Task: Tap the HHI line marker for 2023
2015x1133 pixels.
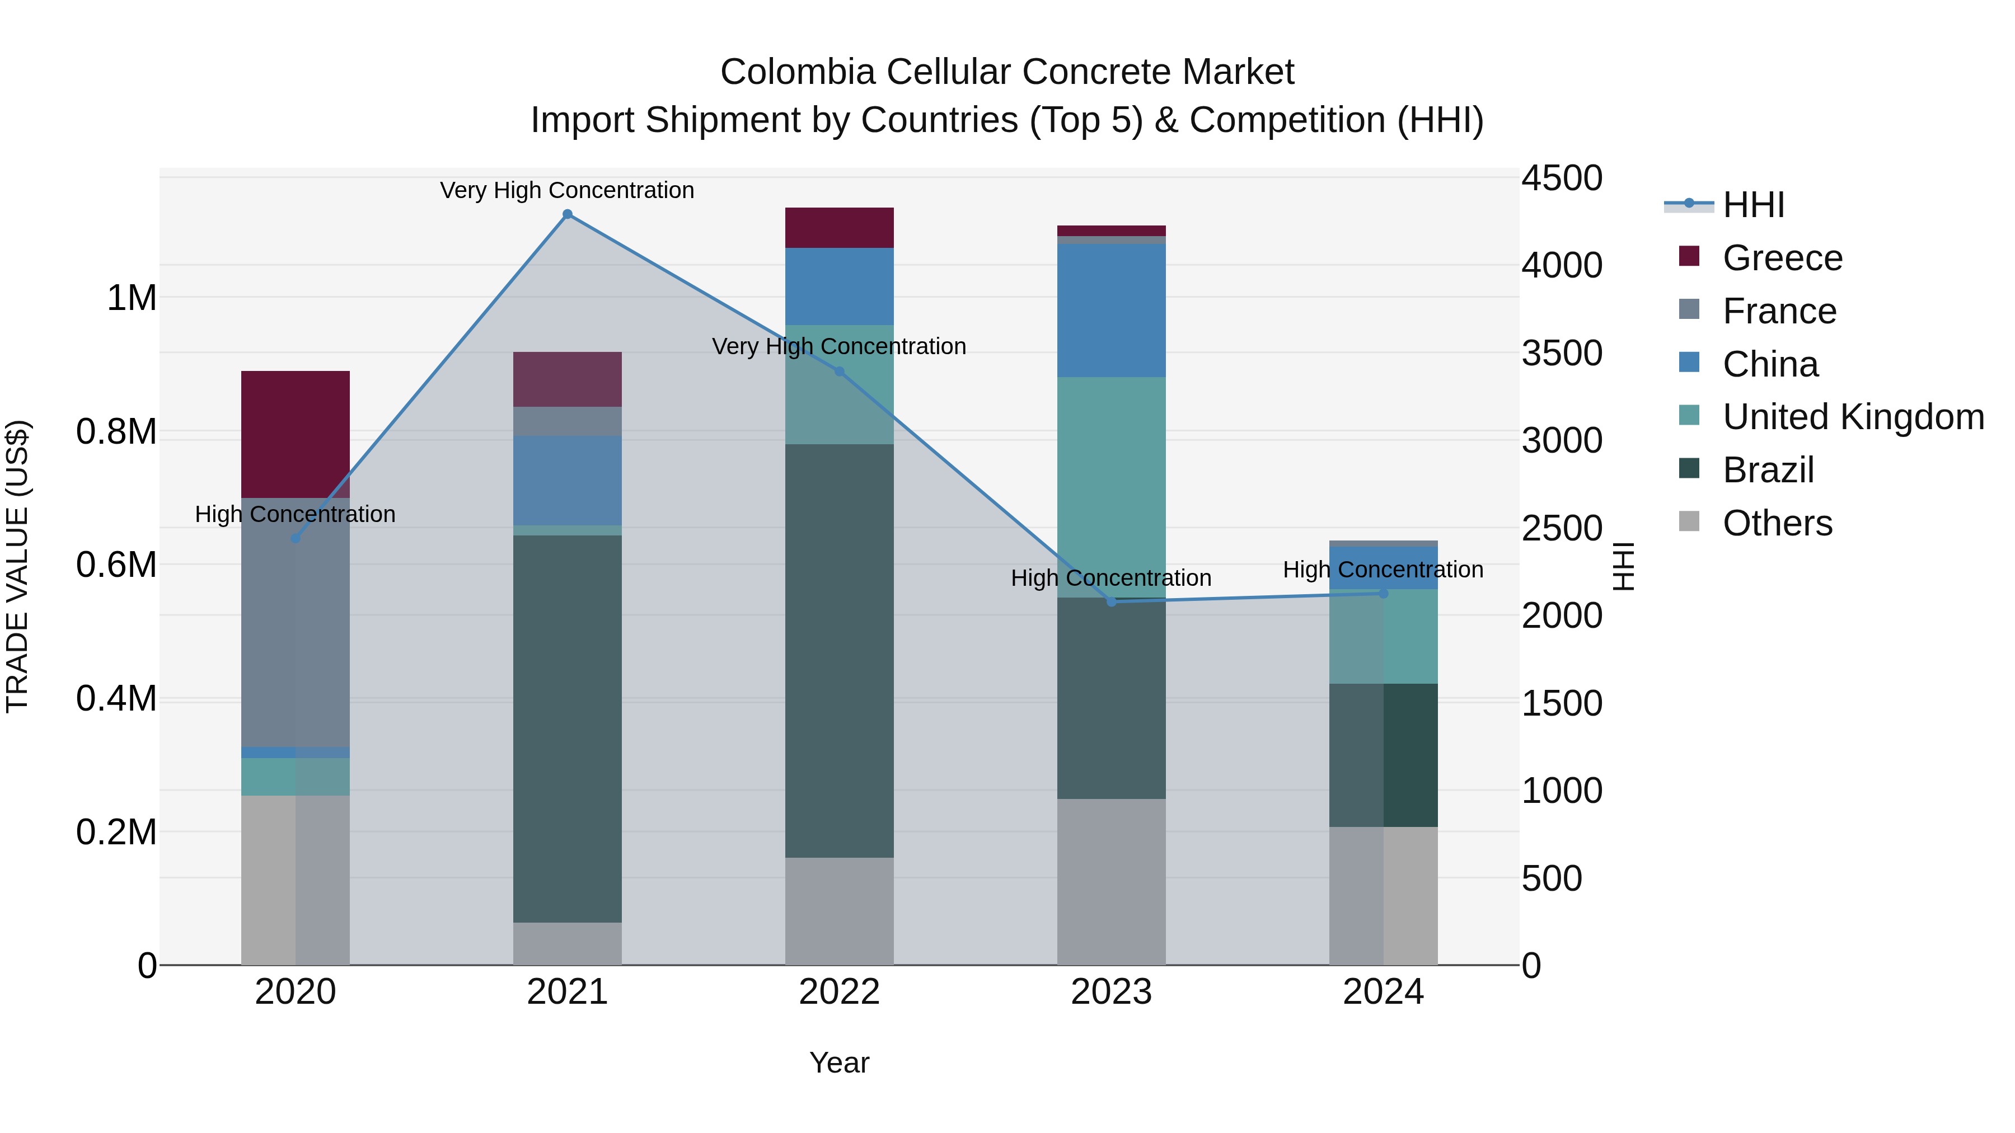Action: click(1112, 601)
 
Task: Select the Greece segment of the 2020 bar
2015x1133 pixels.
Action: click(295, 434)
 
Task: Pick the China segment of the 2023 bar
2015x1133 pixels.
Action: click(1112, 311)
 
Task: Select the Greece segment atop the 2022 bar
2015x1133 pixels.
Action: click(840, 228)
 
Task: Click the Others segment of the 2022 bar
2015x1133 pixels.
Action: click(840, 911)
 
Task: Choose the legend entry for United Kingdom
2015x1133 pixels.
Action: click(1852, 417)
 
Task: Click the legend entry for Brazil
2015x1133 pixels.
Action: click(1768, 470)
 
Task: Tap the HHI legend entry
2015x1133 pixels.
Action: click(1752, 205)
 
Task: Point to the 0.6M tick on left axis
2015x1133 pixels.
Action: click(116, 565)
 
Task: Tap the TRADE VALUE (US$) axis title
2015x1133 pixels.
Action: click(17, 566)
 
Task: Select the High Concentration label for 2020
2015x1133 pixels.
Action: click(295, 514)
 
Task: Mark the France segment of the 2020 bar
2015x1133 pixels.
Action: click(295, 622)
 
